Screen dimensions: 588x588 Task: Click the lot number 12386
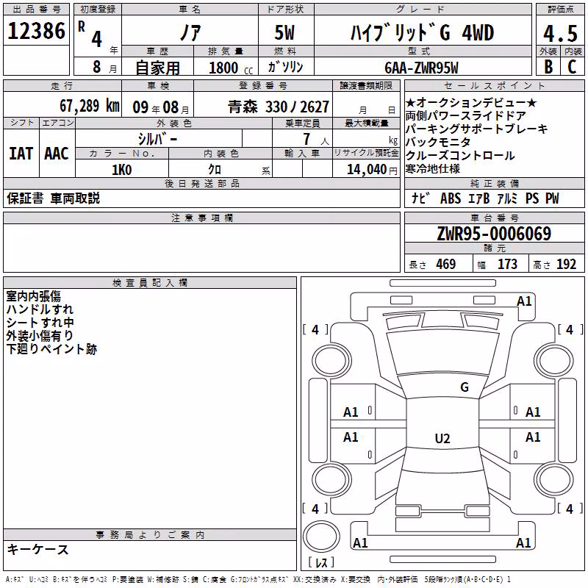click(x=36, y=31)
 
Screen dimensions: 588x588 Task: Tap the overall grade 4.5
click(x=560, y=34)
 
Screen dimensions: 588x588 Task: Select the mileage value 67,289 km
click(x=90, y=106)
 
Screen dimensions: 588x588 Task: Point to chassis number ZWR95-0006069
click(x=494, y=233)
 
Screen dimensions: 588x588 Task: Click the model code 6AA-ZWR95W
click(x=421, y=68)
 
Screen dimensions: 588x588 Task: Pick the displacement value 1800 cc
click(x=231, y=68)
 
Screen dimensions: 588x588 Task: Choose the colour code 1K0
click(x=122, y=170)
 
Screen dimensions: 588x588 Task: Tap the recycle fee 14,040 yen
click(x=372, y=170)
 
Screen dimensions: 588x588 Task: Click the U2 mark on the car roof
click(x=442, y=438)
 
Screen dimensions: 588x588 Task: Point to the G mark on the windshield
click(x=465, y=387)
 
